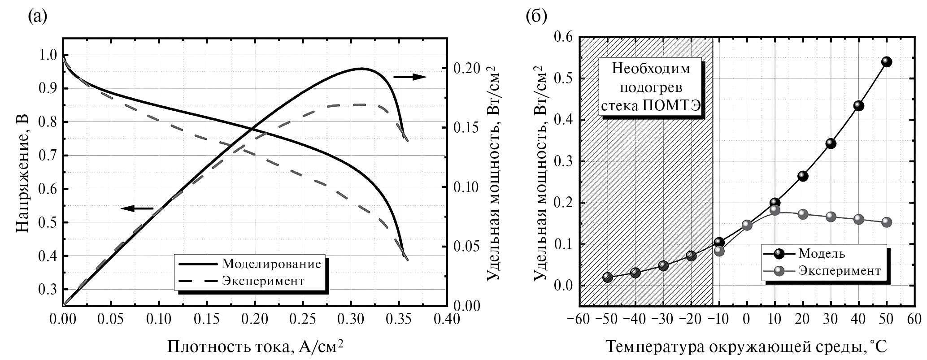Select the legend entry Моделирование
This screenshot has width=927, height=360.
271,264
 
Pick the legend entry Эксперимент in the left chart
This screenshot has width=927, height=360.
263,281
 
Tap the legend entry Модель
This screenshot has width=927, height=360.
821,254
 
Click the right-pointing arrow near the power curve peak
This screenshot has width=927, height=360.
409,77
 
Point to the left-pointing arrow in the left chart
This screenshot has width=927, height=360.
137,208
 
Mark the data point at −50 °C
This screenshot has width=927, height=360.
607,277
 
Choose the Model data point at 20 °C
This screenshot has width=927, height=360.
803,176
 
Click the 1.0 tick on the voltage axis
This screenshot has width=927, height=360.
48,55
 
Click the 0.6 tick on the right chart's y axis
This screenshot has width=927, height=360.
563,37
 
